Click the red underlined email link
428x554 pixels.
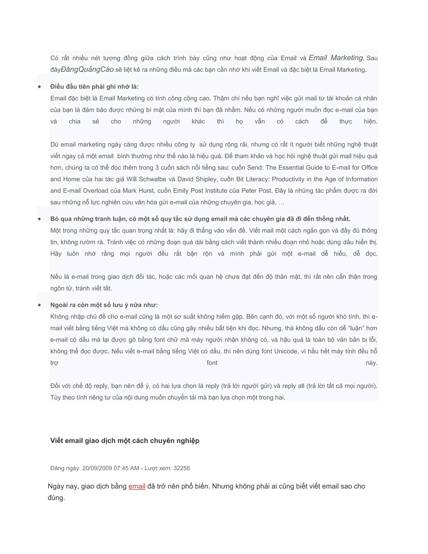click(137, 486)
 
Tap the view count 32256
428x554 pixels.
click(182, 468)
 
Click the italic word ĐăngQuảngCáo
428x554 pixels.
click(87, 69)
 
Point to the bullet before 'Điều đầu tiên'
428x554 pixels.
click(39, 87)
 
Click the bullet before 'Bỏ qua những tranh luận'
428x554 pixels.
click(39, 219)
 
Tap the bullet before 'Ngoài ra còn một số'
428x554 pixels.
click(39, 305)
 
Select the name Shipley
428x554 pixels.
click(206, 179)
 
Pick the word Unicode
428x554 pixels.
click(285, 351)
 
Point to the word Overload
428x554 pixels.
click(95, 191)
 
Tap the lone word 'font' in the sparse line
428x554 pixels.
click(212, 363)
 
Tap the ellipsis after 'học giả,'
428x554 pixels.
click(282, 203)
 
